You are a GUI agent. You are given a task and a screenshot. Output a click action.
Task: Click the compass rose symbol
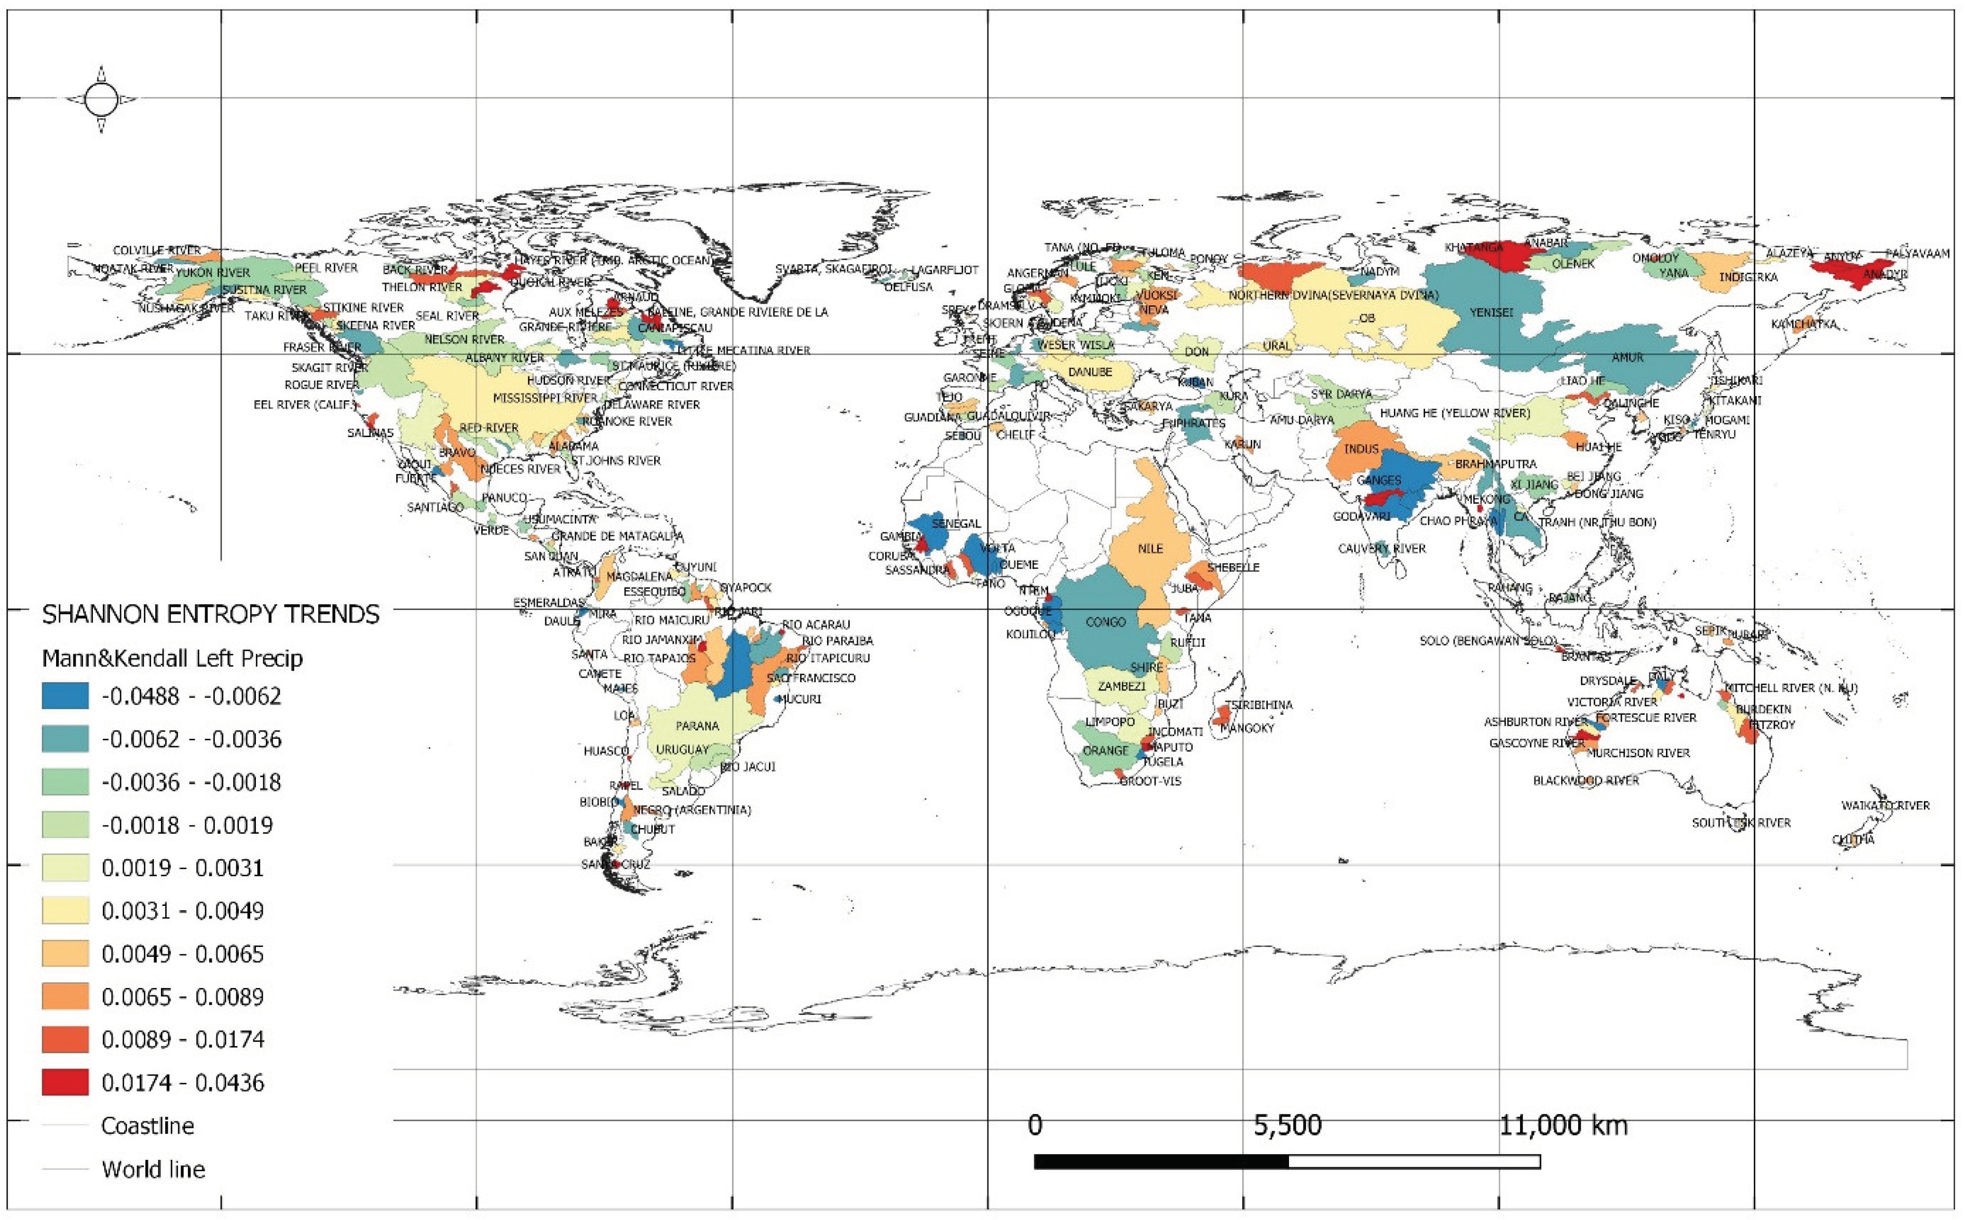pos(101,99)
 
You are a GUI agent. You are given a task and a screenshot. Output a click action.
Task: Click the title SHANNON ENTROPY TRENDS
pos(211,615)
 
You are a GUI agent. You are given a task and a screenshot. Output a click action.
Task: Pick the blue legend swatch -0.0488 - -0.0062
pos(65,696)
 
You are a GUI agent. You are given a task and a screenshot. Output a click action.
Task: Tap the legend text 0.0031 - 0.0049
pos(182,911)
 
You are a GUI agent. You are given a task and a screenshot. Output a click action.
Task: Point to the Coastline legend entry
pos(147,1126)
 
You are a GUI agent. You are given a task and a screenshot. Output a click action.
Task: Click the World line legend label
pos(153,1169)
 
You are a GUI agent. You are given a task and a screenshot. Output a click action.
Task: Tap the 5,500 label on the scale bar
pos(1287,1126)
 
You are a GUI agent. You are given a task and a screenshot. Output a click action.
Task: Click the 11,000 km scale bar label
pos(1564,1126)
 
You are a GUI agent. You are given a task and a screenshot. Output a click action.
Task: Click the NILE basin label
pos(1150,549)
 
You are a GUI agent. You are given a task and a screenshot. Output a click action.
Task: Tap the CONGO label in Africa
pos(1105,622)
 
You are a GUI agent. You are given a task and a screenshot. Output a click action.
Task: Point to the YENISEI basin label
pos(1491,312)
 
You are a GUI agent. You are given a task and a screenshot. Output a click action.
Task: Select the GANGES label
pos(1379,480)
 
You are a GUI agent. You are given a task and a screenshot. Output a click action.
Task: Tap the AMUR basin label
pos(1627,358)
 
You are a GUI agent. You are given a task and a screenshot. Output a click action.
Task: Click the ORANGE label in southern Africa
pos(1105,750)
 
